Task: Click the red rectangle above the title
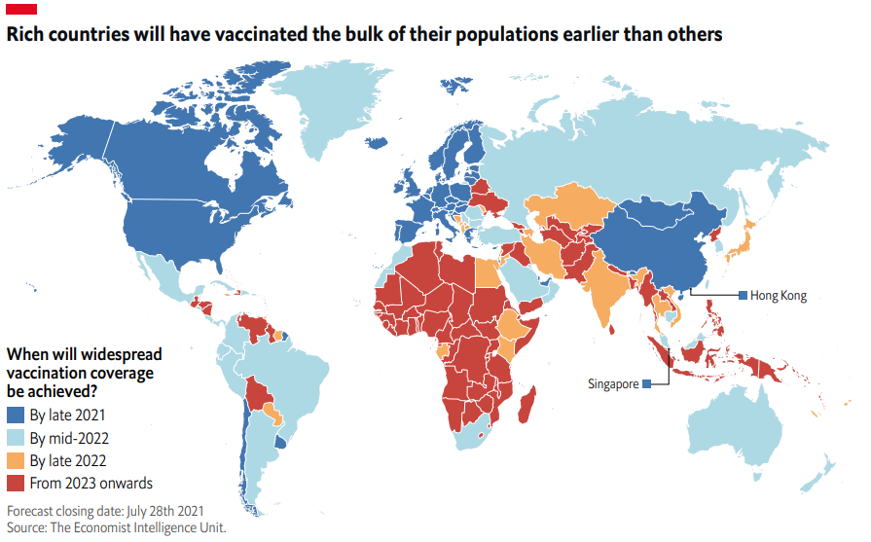click(21, 9)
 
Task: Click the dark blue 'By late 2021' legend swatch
click(16, 415)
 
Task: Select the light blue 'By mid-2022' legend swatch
click(16, 438)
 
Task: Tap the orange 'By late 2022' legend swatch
click(16, 460)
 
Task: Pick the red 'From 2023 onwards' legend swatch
click(16, 484)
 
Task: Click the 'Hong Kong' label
click(779, 296)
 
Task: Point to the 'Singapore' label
click(613, 384)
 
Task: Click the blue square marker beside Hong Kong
click(743, 296)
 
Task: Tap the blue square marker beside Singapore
click(647, 384)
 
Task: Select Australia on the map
click(740, 428)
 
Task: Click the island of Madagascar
click(528, 404)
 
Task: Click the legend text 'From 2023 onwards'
click(91, 484)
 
